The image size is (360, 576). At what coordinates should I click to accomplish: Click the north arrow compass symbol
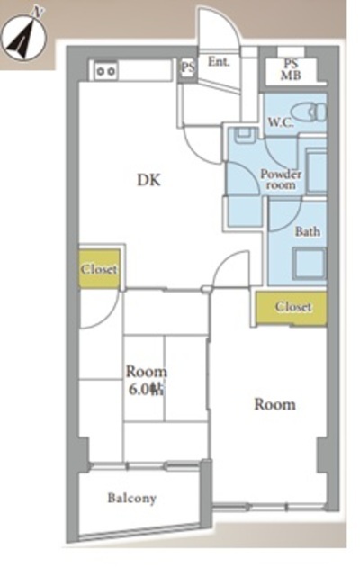tap(23, 37)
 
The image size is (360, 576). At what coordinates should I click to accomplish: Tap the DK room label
tap(148, 180)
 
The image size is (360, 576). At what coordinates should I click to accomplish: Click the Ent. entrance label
tap(219, 62)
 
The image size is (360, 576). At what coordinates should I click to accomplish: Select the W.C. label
tap(281, 122)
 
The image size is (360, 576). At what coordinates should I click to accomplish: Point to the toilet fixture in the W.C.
tap(309, 112)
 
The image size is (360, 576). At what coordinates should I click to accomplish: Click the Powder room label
tap(281, 179)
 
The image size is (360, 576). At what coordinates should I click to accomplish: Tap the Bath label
tap(308, 232)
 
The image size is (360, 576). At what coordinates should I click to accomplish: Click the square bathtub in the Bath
tap(310, 264)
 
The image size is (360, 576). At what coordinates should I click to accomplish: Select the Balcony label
tap(132, 498)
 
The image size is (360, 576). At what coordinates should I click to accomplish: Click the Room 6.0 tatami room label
tap(146, 381)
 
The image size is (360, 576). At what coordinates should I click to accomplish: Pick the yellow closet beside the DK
tap(100, 269)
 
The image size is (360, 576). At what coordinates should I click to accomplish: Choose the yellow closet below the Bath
tap(292, 308)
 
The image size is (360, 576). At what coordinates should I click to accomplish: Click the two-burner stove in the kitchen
tap(106, 71)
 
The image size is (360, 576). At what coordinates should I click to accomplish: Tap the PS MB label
tap(291, 70)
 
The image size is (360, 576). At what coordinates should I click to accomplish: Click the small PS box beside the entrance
tap(188, 67)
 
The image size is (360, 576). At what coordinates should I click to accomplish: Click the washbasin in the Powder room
tap(245, 136)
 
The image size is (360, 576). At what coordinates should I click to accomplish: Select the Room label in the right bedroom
tap(275, 404)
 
